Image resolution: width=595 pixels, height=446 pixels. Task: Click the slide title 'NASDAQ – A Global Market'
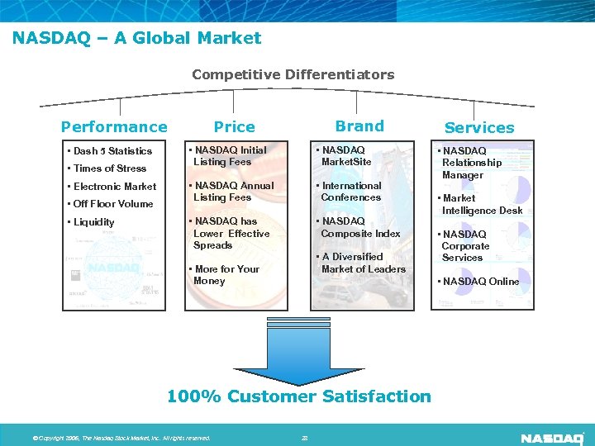(x=137, y=38)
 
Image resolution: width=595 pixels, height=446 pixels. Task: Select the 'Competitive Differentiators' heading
(x=293, y=74)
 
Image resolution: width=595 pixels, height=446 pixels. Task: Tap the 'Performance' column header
(x=114, y=126)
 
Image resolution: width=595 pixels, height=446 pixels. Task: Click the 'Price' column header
(x=235, y=126)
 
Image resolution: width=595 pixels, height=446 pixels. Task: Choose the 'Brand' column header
(x=359, y=126)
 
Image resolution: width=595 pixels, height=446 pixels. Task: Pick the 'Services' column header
(x=479, y=127)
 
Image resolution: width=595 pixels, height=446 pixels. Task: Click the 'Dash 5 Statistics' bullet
(x=113, y=151)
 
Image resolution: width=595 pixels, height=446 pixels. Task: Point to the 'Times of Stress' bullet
(x=110, y=168)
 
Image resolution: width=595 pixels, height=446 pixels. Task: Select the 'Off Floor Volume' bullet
(x=113, y=204)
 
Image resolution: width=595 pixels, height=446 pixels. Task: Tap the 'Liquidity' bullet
(x=94, y=222)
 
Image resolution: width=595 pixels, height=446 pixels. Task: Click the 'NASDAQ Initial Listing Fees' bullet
(x=228, y=156)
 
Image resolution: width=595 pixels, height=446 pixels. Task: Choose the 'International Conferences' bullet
(x=350, y=192)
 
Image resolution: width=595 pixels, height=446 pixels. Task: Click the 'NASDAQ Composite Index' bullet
(x=359, y=227)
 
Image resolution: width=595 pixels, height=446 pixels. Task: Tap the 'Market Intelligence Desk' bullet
(x=483, y=204)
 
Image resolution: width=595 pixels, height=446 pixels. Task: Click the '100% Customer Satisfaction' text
(x=299, y=396)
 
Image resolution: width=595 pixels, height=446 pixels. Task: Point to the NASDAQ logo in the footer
(x=553, y=437)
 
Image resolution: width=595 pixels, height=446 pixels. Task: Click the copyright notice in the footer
(x=121, y=438)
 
